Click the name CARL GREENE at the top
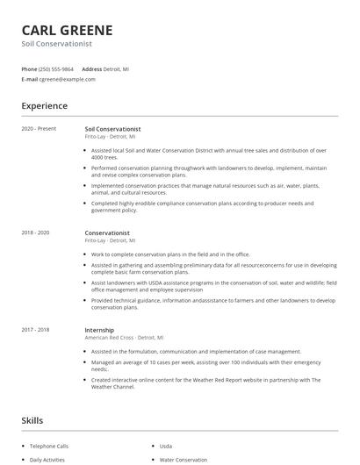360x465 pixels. pos(67,30)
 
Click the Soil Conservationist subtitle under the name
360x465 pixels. pos(56,44)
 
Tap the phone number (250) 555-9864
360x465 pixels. pos(57,68)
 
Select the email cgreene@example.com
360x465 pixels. pos(67,79)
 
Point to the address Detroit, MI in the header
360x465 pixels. pos(116,68)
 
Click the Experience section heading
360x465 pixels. pos(44,106)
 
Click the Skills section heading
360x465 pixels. pos(32,420)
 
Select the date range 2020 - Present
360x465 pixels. pos(39,129)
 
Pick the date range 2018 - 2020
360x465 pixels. pos(36,232)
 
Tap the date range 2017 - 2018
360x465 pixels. pos(36,330)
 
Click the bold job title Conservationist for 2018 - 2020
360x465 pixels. pos(107,232)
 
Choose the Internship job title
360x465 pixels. pos(99,330)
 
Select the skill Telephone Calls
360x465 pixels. pos(48,446)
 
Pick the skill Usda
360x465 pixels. pos(166,446)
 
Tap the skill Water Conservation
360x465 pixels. pos(183,460)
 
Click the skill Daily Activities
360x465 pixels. pos(47,460)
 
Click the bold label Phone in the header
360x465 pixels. pos(29,68)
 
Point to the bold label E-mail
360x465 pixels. pos(29,79)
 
